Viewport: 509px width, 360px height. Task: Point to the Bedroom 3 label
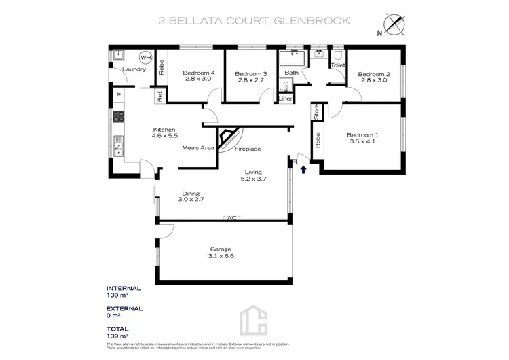pos(250,73)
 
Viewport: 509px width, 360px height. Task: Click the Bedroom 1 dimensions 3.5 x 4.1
pos(362,141)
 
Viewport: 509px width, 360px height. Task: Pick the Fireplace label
pos(248,149)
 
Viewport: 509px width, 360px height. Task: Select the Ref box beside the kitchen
pos(160,96)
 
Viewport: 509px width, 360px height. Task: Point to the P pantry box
pos(118,95)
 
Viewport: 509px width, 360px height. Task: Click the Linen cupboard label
pos(286,99)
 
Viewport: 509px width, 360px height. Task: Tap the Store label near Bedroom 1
pos(316,111)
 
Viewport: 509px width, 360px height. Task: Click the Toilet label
pos(337,65)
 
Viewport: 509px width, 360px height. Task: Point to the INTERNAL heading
pos(124,287)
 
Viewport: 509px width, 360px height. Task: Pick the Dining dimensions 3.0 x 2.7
pos(191,199)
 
